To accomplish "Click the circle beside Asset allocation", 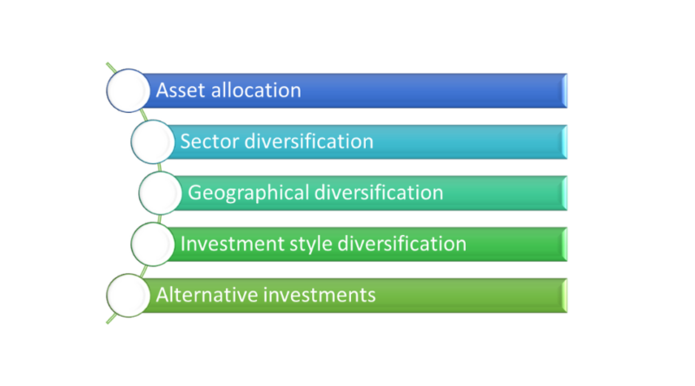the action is click(128, 90).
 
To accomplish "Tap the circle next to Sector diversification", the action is click(153, 141).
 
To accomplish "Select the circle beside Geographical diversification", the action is click(161, 193).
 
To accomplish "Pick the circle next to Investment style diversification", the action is click(153, 245).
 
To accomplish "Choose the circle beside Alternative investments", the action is click(128, 295).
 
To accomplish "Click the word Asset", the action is click(181, 90).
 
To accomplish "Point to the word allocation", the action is click(256, 90).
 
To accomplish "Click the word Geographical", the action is click(248, 193).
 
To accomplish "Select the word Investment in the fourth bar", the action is click(232, 244).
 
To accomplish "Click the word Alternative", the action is click(207, 295).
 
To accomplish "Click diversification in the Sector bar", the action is click(309, 141).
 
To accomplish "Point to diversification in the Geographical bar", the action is click(379, 193).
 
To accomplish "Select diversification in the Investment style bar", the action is click(402, 244).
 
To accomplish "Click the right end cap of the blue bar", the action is click(565, 91).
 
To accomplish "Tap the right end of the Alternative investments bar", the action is click(565, 296).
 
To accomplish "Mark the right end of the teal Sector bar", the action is click(565, 142).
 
